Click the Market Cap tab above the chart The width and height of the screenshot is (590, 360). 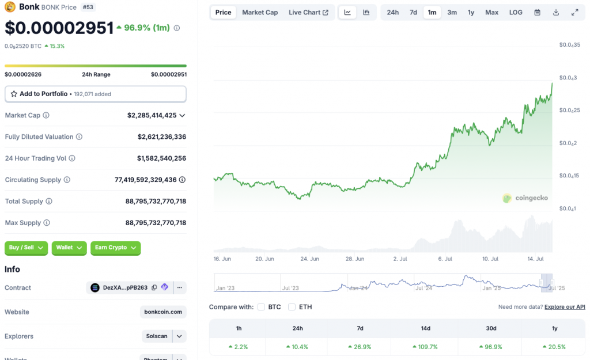click(260, 12)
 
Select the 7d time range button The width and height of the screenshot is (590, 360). click(413, 12)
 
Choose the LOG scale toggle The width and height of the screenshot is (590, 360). click(516, 12)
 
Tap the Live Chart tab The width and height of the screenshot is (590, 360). click(308, 12)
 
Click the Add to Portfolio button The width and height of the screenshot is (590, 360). click(95, 94)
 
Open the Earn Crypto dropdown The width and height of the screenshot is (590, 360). click(115, 248)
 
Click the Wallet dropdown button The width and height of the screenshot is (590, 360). click(69, 248)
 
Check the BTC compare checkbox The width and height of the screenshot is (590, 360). click(262, 307)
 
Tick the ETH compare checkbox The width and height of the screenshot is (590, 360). click(292, 307)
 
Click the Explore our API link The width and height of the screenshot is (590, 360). click(565, 307)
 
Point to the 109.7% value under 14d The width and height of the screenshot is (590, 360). click(425, 347)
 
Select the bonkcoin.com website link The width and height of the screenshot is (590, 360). click(163, 312)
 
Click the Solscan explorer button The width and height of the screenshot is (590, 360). click(157, 336)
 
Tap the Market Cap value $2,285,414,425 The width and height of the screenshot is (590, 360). click(152, 115)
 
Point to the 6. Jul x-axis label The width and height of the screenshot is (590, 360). click(444, 259)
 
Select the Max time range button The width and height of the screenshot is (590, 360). click(491, 12)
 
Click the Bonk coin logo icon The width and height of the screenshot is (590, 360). click(10, 8)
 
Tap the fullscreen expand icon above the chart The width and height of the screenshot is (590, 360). click(574, 12)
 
